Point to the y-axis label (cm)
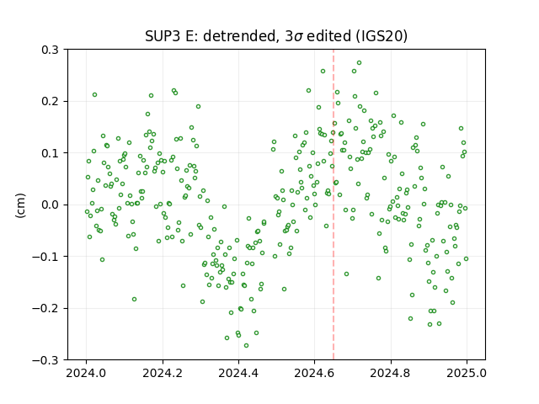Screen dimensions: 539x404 (20, 205)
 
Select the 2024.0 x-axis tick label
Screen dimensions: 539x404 (86, 373)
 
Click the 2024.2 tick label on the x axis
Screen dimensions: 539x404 (163, 373)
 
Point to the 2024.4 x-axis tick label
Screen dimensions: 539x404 (238, 373)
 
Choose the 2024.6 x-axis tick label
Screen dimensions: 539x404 (314, 373)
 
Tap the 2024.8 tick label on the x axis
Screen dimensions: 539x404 (391, 373)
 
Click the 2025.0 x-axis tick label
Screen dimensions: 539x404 (467, 373)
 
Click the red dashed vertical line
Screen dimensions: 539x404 (334, 205)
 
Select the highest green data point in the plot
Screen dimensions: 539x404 (360, 63)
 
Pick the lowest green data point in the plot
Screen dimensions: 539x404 (246, 346)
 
